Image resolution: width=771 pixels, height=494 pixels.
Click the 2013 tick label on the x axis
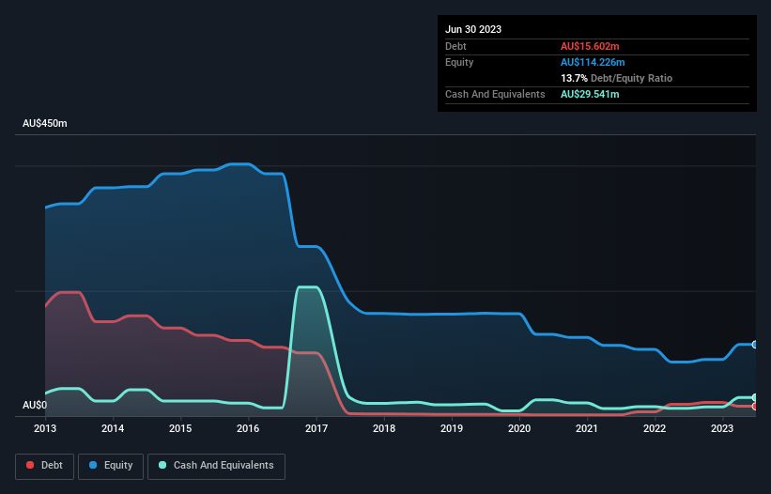[45, 428]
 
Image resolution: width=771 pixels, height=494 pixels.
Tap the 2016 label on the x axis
[248, 428]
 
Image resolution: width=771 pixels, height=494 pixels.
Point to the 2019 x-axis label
[452, 428]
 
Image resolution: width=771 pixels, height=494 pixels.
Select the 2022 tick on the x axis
[655, 428]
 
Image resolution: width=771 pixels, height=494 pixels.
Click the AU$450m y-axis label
[45, 124]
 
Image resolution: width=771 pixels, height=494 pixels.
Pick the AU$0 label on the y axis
[34, 406]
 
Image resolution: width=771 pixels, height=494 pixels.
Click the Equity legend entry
[110, 465]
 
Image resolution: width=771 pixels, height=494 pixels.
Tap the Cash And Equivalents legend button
[216, 465]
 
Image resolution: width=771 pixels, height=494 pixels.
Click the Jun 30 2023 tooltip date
[473, 29]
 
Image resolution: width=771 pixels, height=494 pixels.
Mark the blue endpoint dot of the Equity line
[755, 345]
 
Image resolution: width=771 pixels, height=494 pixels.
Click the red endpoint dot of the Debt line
[755, 407]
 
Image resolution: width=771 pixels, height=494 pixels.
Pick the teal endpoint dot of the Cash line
[755, 397]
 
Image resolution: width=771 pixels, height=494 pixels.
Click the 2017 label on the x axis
[316, 428]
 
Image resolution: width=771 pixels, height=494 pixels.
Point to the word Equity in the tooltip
[459, 62]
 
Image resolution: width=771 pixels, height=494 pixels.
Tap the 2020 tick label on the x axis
[519, 428]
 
